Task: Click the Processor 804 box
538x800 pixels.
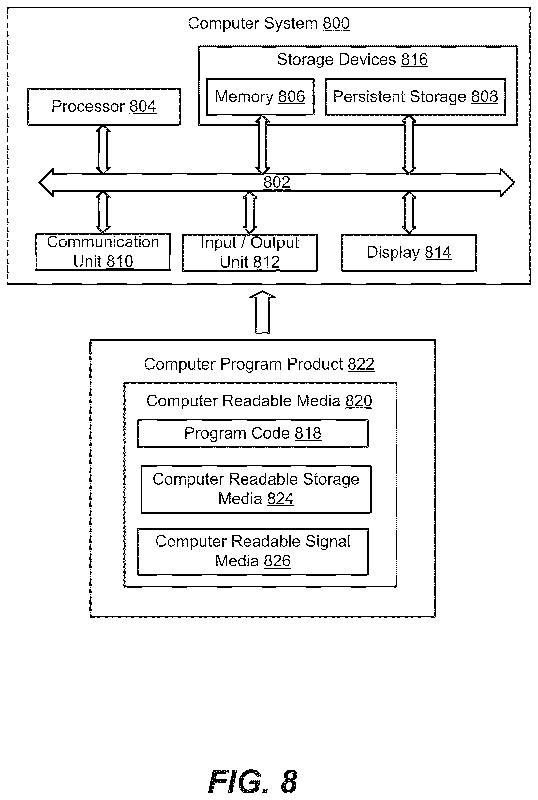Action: coord(104,107)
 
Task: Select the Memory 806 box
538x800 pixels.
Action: coord(260,97)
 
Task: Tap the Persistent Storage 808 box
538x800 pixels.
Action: coord(415,97)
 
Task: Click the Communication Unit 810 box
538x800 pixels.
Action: coord(103,252)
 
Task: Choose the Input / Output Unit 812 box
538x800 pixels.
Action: coord(250,253)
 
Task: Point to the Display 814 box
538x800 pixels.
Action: coord(409,253)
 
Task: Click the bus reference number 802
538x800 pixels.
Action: coord(276,182)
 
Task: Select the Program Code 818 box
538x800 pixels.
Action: coord(253,434)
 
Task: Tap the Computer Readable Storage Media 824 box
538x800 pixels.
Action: coord(256,489)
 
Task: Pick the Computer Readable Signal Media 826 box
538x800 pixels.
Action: coord(253,552)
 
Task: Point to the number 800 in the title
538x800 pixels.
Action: coord(336,24)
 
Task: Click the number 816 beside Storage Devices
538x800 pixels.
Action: coord(414,60)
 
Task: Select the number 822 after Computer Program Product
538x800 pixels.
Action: coord(361,364)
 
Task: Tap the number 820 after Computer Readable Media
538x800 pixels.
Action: coord(359,401)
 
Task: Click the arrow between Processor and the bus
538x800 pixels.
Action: coord(103,150)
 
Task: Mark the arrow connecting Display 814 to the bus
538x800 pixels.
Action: coord(409,213)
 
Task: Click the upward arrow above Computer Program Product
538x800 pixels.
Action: coord(262,312)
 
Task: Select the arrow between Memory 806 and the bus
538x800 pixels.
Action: coord(262,145)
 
